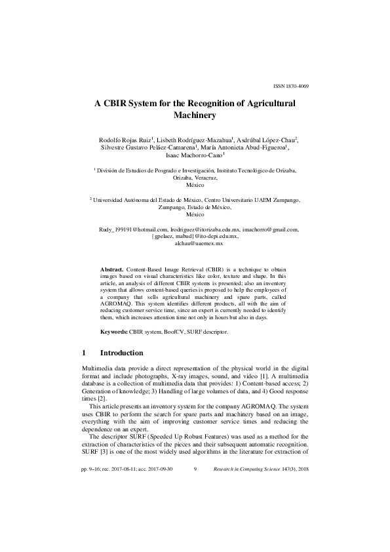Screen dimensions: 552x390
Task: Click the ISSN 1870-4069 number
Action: pyautogui.click(x=290, y=86)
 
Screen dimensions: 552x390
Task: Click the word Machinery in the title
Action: pyautogui.click(x=195, y=115)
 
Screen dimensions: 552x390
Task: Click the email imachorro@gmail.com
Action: pyautogui.click(x=270, y=229)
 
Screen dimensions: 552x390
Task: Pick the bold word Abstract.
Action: pyautogui.click(x=111, y=269)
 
